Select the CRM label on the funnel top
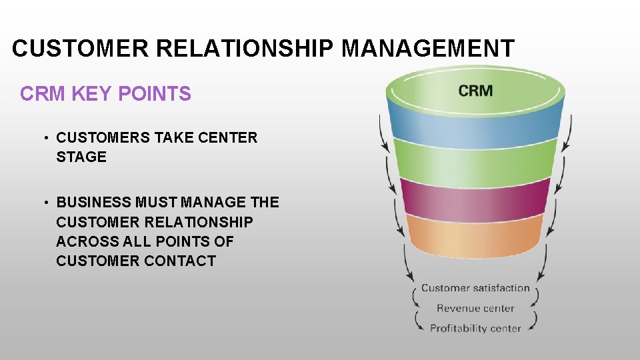[476, 91]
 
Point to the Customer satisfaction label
[475, 288]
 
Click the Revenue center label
[475, 308]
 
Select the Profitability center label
[475, 328]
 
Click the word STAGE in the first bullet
[81, 157]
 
